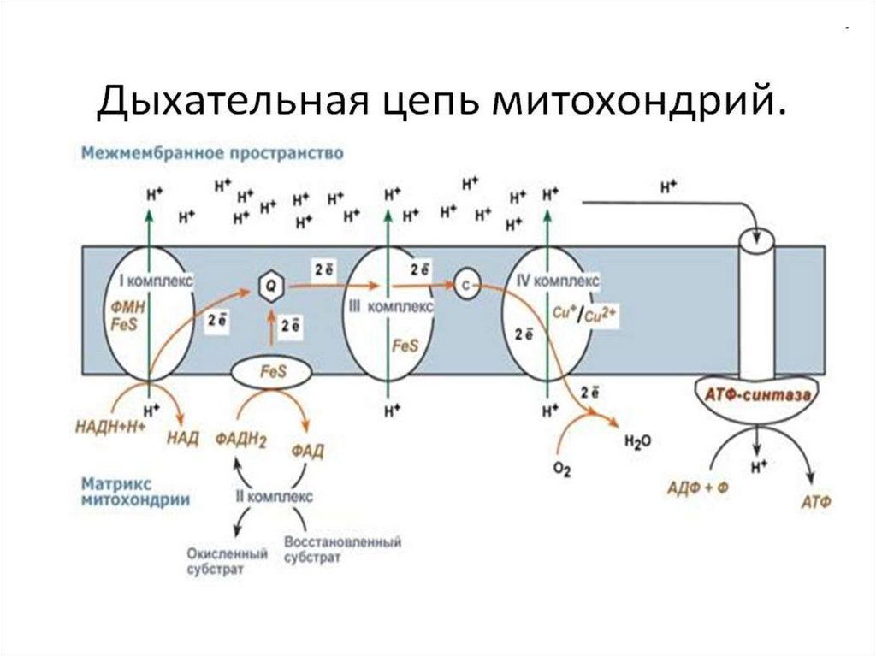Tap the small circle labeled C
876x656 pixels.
tap(465, 286)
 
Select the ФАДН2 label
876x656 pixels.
tap(241, 439)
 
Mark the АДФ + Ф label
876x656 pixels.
tap(696, 488)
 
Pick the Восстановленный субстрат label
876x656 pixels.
tap(342, 549)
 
